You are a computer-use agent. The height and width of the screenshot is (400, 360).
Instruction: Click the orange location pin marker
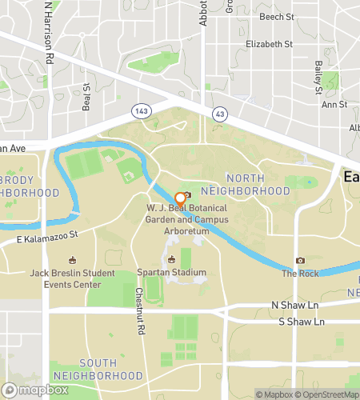[x=179, y=196]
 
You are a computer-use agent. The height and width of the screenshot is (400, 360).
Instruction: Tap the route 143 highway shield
[x=142, y=110]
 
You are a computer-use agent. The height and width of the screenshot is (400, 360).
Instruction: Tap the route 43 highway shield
[x=218, y=114]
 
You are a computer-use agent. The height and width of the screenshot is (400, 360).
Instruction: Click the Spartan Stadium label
[x=171, y=273]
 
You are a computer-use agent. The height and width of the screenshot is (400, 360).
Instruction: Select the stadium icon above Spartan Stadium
[x=171, y=259]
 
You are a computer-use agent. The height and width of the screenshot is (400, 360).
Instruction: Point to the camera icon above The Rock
[x=300, y=260]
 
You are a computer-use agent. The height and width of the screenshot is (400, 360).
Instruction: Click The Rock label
[x=300, y=274]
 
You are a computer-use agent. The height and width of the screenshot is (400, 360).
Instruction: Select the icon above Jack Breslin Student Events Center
[x=71, y=260]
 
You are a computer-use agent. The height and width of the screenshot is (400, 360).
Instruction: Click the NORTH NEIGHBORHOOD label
[x=257, y=185]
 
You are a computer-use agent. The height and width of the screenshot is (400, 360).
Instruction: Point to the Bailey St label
[x=318, y=75]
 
